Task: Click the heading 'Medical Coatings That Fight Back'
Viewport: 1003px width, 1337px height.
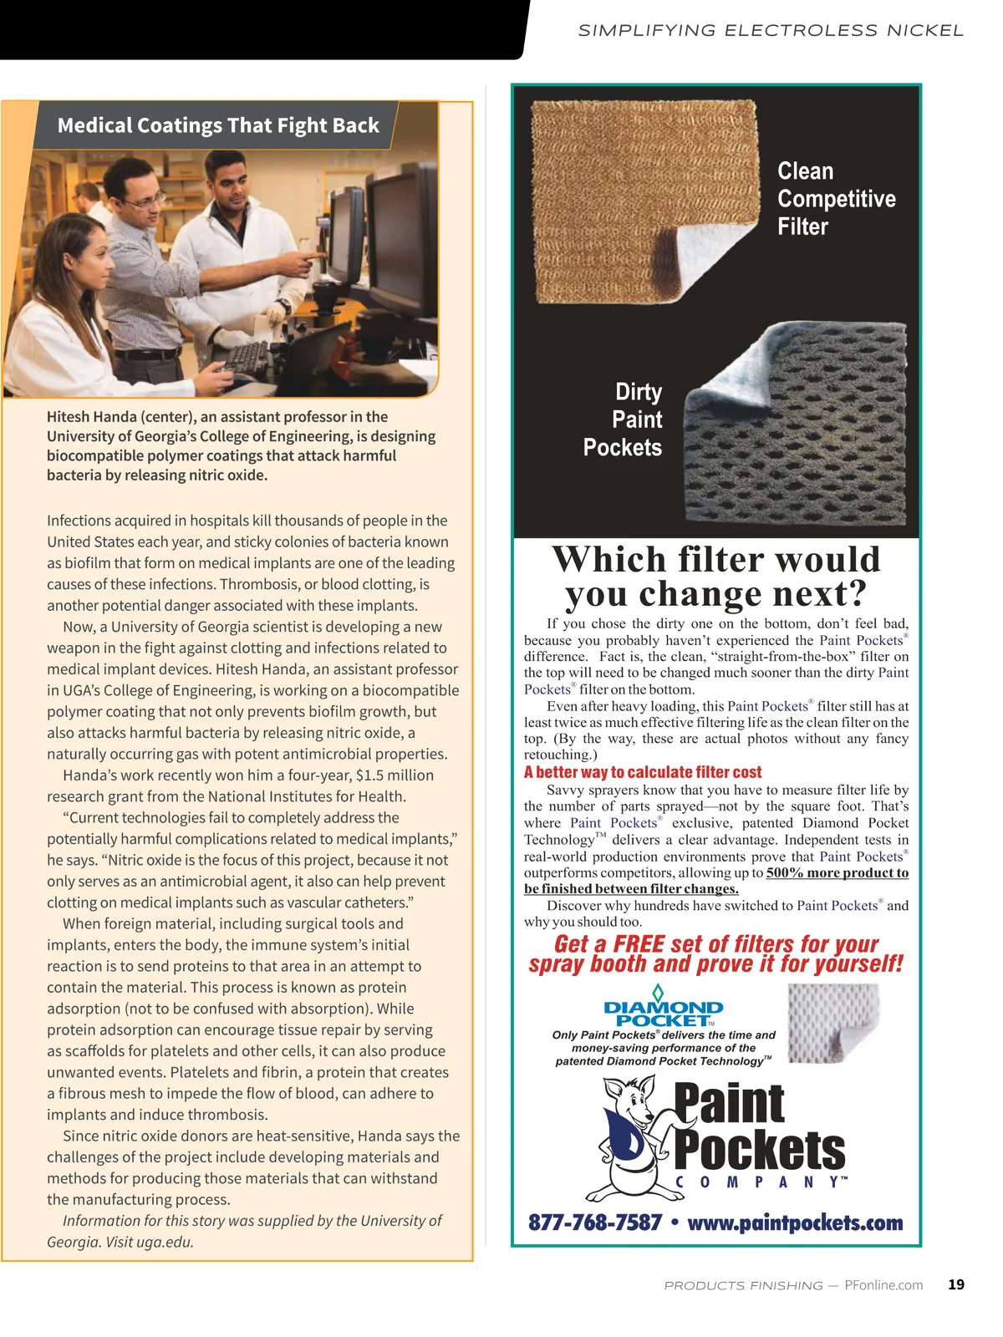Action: pos(218,125)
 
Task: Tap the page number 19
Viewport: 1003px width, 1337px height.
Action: pos(956,1284)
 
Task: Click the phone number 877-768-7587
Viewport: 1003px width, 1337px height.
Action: pos(594,1223)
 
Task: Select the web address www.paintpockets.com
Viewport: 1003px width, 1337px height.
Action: pos(795,1223)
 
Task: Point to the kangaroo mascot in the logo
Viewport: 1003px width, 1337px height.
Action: pos(631,1136)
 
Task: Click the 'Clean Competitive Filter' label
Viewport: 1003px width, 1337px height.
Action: pos(835,199)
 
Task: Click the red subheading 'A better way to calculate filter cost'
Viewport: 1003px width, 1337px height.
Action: pos(643,772)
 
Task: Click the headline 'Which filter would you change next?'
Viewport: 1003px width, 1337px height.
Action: pos(716,577)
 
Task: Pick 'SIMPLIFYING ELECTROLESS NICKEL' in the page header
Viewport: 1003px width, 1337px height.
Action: pos(771,31)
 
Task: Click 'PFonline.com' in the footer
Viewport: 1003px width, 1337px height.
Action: pos(883,1285)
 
